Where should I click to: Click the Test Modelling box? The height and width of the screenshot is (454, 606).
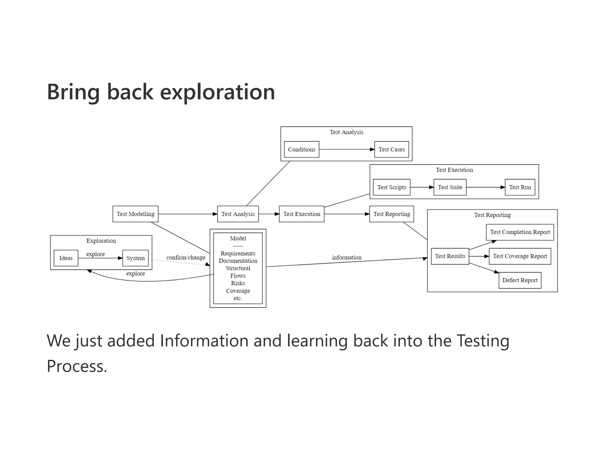click(x=135, y=214)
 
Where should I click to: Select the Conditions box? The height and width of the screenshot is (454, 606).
click(x=302, y=149)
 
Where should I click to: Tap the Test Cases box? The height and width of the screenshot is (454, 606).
click(x=391, y=149)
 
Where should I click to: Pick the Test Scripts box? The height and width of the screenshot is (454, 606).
click(x=391, y=187)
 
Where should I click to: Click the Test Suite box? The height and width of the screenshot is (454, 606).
click(x=450, y=187)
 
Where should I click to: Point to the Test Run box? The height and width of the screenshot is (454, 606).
click(x=520, y=187)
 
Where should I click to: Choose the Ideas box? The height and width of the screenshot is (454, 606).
click(x=66, y=258)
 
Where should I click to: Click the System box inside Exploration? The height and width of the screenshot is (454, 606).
click(x=136, y=258)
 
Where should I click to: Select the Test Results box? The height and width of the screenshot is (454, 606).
click(x=450, y=256)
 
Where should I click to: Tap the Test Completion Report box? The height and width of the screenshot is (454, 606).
click(x=520, y=232)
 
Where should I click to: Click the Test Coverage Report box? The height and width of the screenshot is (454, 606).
click(x=520, y=256)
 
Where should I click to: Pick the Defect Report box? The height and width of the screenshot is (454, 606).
click(x=520, y=280)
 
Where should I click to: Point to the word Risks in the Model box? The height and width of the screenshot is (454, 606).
click(x=238, y=283)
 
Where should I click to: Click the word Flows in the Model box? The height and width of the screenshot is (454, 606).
click(x=238, y=276)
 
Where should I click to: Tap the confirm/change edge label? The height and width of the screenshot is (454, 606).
click(x=186, y=257)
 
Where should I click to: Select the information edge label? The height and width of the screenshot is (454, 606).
click(x=346, y=257)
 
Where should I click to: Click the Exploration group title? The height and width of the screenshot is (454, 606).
click(x=101, y=241)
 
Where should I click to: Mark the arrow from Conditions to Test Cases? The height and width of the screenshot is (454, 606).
click(x=346, y=150)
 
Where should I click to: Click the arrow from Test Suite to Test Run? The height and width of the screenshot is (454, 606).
click(x=485, y=187)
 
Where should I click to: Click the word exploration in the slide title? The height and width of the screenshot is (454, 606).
click(x=217, y=92)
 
